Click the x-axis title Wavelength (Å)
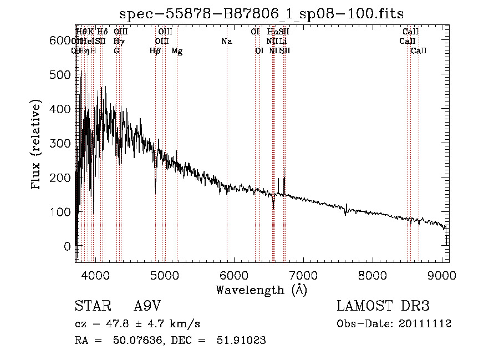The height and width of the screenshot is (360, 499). pyautogui.click(x=261, y=290)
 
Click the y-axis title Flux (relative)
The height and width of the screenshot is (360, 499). pyautogui.click(x=37, y=145)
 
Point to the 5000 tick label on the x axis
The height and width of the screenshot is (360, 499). pyautogui.click(x=164, y=275)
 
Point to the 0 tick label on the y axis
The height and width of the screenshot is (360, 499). pyautogui.click(x=67, y=246)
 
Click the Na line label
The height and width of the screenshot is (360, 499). pyautogui.click(x=226, y=42)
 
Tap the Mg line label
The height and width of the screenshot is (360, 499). pyautogui.click(x=177, y=51)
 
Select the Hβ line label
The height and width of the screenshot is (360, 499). pyautogui.click(x=155, y=51)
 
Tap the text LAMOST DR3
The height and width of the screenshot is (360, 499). pyautogui.click(x=383, y=306)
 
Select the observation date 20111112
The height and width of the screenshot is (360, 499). pyautogui.click(x=427, y=323)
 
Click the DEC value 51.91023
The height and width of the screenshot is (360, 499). pyautogui.click(x=242, y=341)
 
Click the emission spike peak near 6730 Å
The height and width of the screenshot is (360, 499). pyautogui.click(x=284, y=168)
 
